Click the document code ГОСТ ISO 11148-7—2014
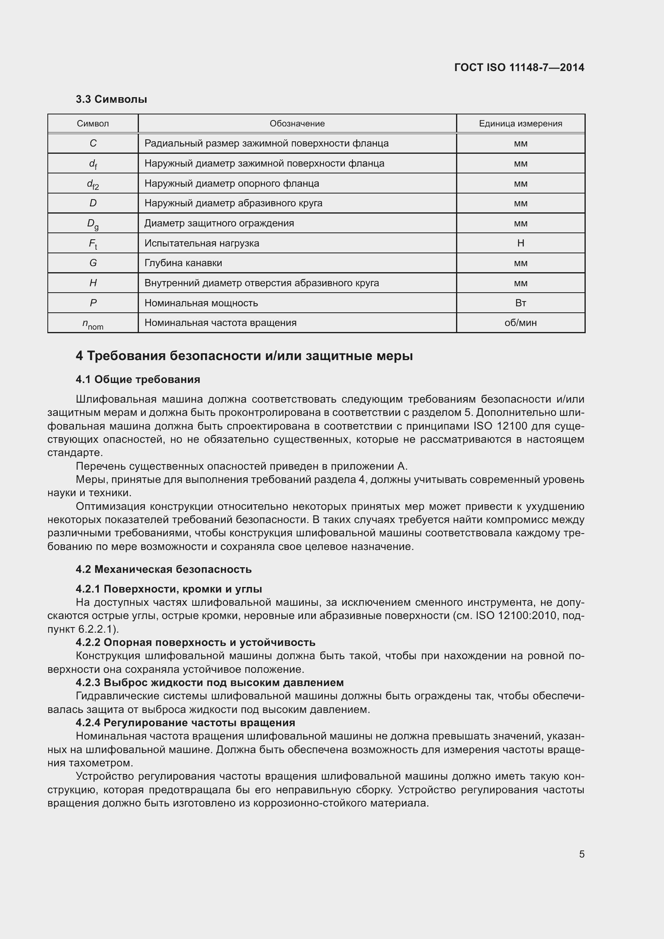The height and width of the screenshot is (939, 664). click(519, 67)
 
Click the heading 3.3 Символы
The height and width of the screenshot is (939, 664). click(111, 100)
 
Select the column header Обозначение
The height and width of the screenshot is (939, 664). click(297, 124)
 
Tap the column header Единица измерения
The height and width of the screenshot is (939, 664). click(521, 124)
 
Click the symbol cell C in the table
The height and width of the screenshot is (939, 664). click(93, 144)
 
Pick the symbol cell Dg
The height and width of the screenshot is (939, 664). click(93, 224)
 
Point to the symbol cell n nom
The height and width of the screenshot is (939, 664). click(93, 324)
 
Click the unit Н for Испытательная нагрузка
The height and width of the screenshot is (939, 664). click(521, 243)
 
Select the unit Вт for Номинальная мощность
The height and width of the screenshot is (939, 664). click(521, 303)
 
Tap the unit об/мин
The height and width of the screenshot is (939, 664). click(521, 323)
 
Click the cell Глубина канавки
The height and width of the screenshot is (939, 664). click(183, 263)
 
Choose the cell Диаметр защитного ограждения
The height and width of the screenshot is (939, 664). click(219, 223)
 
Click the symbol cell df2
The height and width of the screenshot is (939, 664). click(93, 184)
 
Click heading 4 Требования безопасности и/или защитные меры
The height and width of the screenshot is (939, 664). click(244, 356)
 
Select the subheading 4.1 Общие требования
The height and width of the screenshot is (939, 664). click(138, 379)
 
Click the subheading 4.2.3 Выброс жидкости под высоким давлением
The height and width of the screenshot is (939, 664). click(209, 682)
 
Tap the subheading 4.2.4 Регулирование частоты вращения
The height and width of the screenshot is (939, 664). click(185, 723)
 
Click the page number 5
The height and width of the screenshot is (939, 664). click(581, 854)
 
